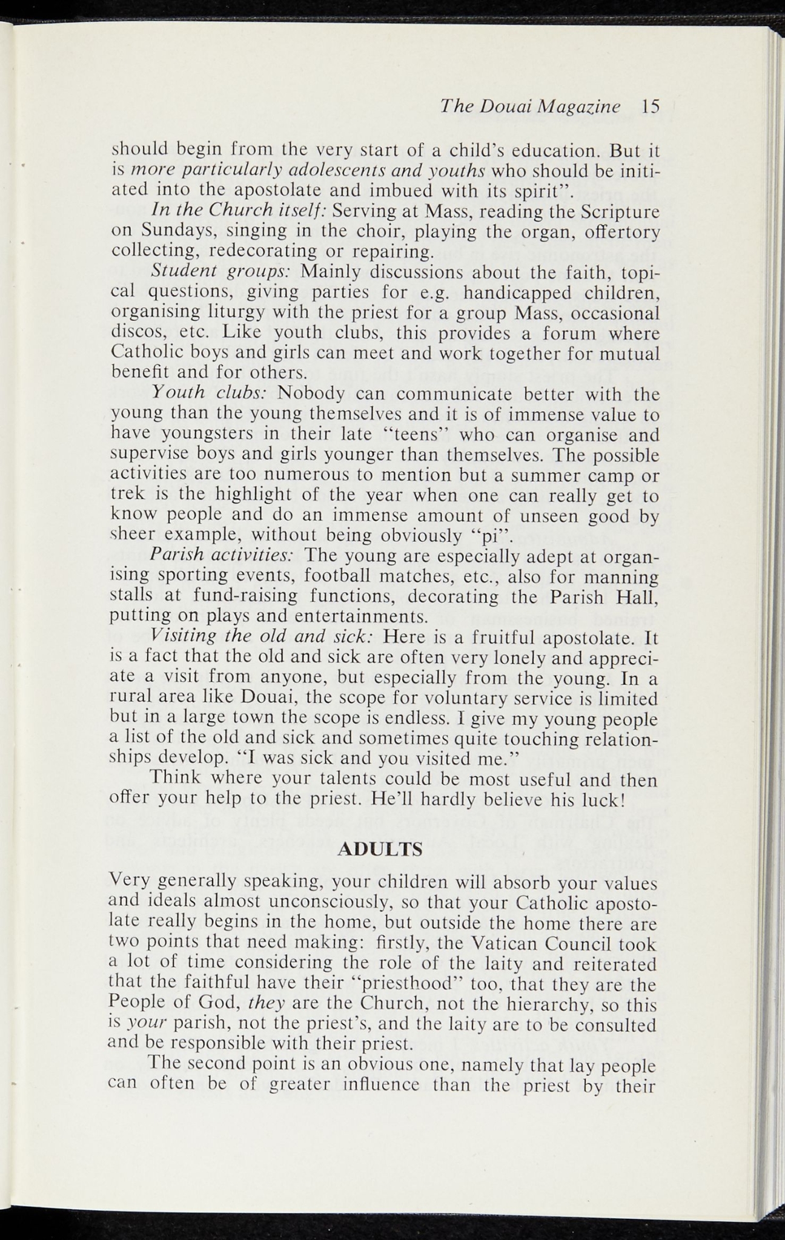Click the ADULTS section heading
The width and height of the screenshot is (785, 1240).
(x=379, y=849)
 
